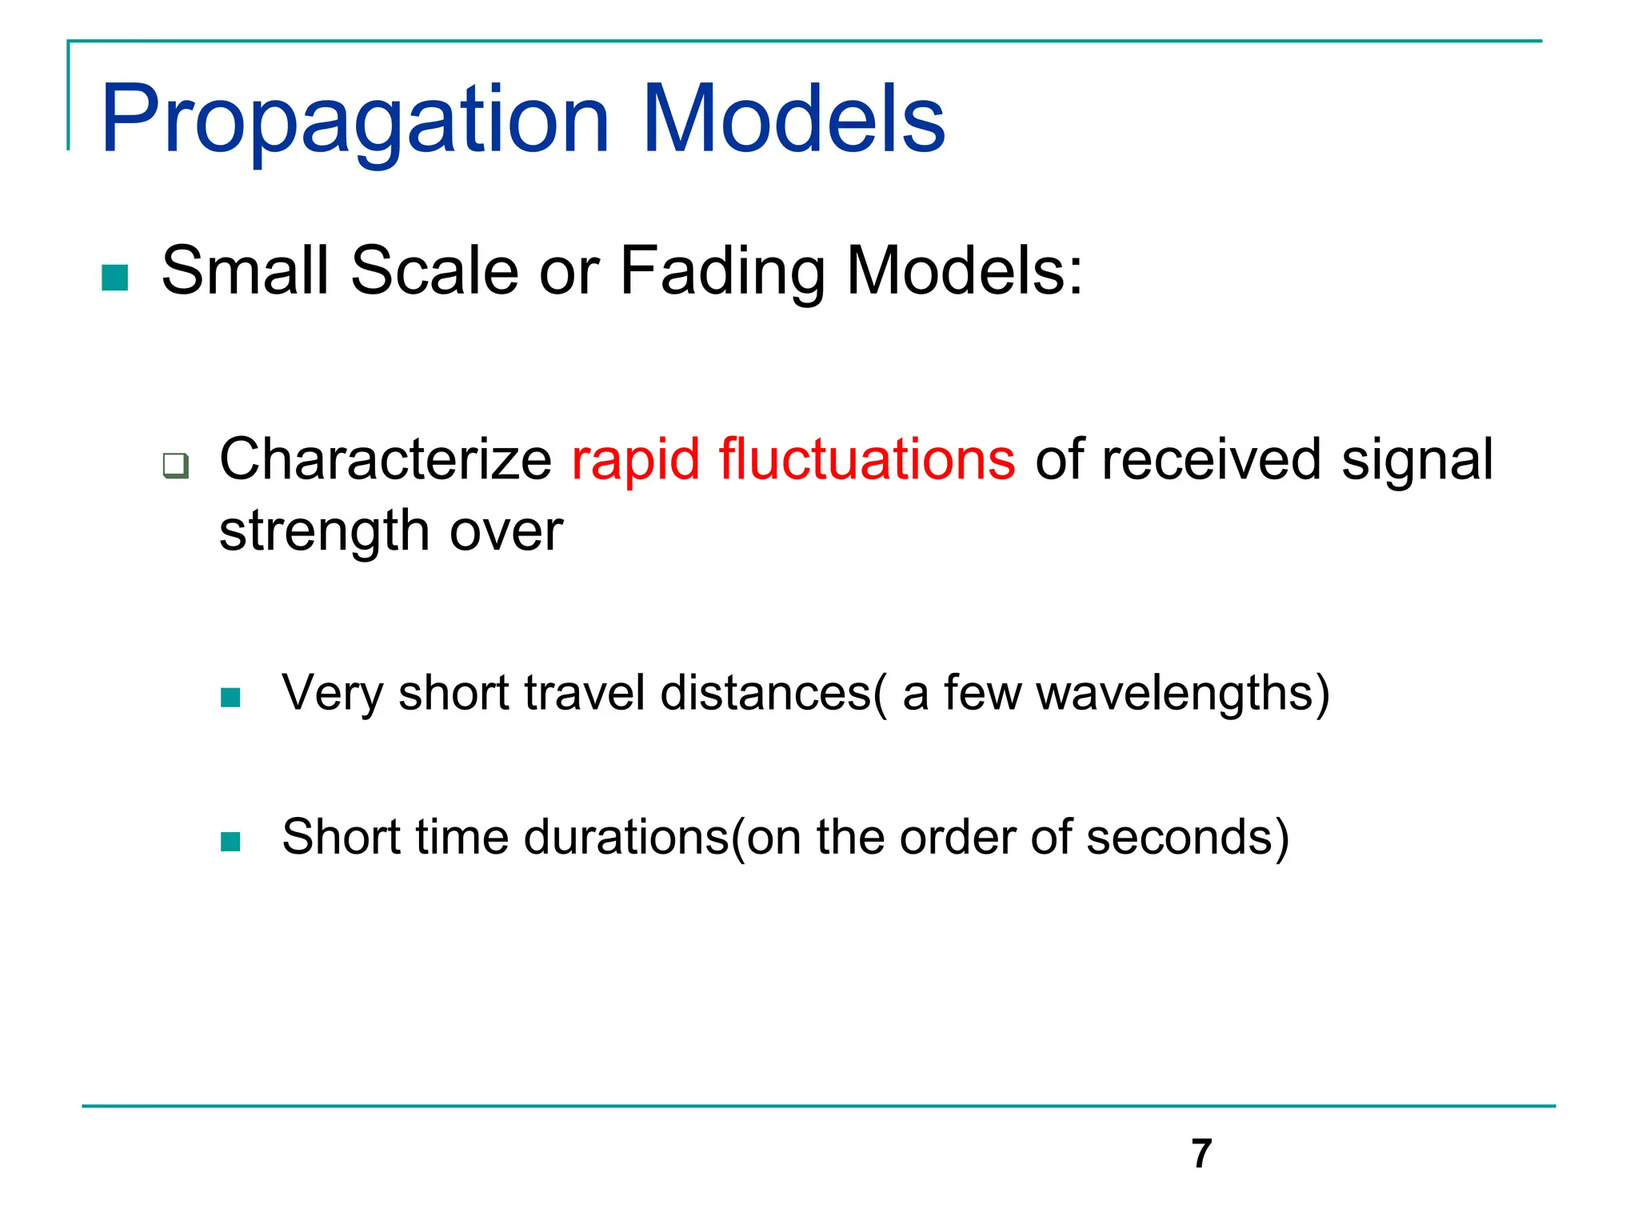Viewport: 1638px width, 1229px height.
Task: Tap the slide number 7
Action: tap(1201, 1154)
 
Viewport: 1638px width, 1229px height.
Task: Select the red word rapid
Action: tap(636, 460)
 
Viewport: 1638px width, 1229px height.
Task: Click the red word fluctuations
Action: tap(867, 460)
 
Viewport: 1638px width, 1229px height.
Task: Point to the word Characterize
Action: tap(386, 460)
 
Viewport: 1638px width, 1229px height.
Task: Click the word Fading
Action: tap(722, 272)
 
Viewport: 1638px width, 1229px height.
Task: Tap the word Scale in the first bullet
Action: tap(434, 270)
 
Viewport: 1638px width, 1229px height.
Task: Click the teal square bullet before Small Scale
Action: tap(115, 278)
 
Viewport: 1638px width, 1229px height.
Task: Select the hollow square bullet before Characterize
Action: tap(175, 465)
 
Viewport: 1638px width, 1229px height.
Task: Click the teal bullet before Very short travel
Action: tap(230, 698)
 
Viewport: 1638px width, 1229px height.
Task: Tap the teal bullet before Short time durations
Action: tap(230, 842)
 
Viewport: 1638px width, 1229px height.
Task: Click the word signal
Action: tap(1416, 460)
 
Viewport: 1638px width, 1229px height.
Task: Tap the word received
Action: tap(1211, 460)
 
